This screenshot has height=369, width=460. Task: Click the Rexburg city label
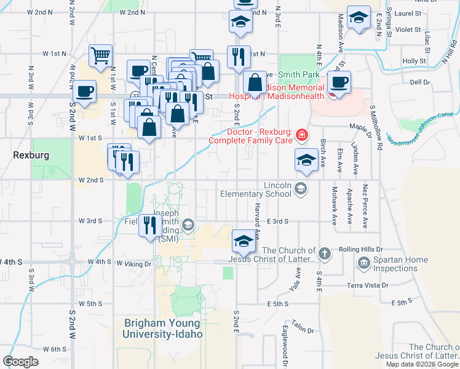[31, 156]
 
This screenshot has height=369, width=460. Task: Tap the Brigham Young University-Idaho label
[162, 328]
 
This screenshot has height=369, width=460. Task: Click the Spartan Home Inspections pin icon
[363, 264]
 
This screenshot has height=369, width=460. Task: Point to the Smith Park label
[298, 74]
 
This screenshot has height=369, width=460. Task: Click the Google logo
[21, 362]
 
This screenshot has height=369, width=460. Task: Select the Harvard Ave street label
[258, 222]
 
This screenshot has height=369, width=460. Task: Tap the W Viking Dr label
[133, 264]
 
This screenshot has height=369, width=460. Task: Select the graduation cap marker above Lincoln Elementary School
[306, 161]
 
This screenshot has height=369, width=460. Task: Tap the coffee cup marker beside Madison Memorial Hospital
[338, 81]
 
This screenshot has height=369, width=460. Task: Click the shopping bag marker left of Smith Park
[255, 82]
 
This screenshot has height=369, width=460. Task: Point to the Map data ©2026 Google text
[422, 364]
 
